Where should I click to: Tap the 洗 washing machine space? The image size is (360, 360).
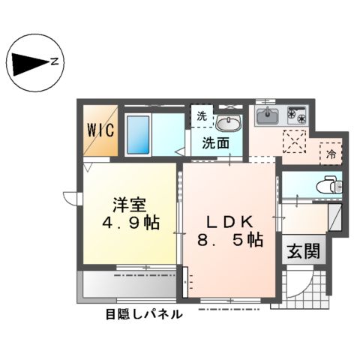point(201,115)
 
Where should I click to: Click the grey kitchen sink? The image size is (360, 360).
point(267,116)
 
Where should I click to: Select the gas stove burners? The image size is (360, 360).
point(298,116)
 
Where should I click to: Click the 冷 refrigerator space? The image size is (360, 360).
point(331,154)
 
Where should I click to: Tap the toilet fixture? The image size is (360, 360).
point(327,183)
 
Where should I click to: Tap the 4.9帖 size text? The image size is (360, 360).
point(130,223)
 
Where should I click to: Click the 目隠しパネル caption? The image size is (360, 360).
point(143,315)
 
